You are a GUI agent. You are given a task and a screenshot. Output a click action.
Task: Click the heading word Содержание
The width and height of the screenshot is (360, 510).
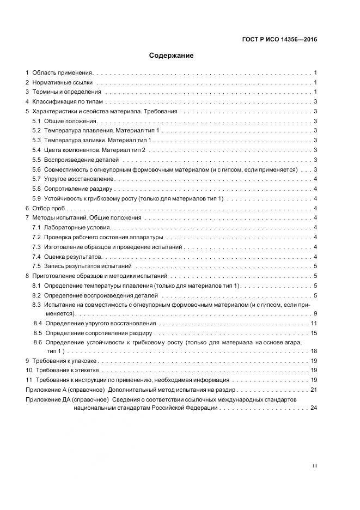point(171,56)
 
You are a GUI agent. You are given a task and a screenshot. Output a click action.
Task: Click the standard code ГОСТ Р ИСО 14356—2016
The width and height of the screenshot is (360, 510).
point(279,39)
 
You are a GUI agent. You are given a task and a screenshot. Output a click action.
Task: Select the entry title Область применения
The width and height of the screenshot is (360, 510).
point(63,72)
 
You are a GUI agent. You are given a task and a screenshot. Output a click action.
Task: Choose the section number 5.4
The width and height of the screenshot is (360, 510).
point(36,150)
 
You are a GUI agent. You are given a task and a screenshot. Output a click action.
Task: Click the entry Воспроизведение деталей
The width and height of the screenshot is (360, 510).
point(81,160)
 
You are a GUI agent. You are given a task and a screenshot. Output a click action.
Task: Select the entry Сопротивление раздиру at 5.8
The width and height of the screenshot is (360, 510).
point(78,189)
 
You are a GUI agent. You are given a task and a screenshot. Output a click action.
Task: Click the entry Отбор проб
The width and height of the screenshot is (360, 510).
point(48,208)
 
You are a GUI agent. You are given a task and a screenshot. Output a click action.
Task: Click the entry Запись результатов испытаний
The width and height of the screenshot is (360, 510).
point(88,266)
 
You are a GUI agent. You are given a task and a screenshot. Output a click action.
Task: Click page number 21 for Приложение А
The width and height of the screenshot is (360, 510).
point(313,390)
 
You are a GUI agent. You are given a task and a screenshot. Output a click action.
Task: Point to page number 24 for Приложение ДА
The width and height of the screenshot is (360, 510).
point(313,408)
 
